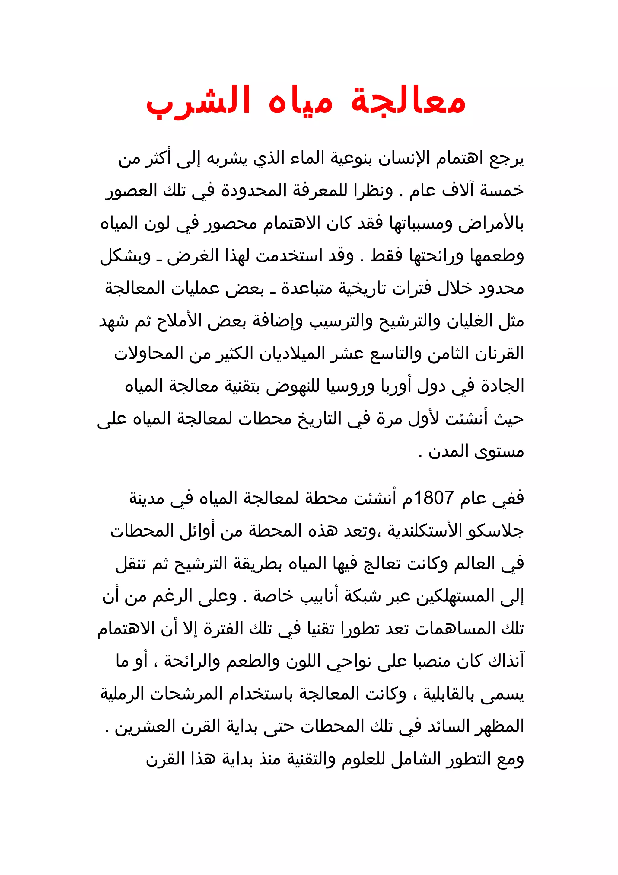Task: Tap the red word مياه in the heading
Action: pos(301,102)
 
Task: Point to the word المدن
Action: pos(443,452)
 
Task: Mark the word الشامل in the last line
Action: pos(394,759)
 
